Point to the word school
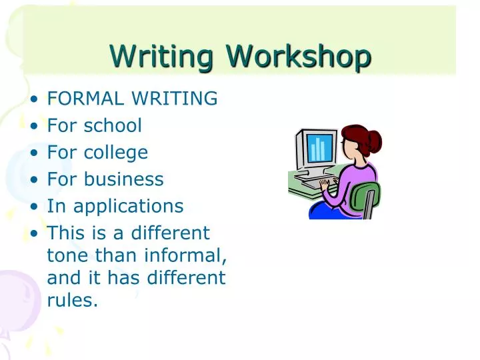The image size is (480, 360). [x=113, y=125]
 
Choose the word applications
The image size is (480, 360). [x=128, y=207]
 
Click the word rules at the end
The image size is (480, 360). [x=72, y=301]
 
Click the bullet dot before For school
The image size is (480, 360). [x=34, y=126]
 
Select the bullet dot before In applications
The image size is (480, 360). [x=34, y=207]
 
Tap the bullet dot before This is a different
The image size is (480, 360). [x=34, y=234]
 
